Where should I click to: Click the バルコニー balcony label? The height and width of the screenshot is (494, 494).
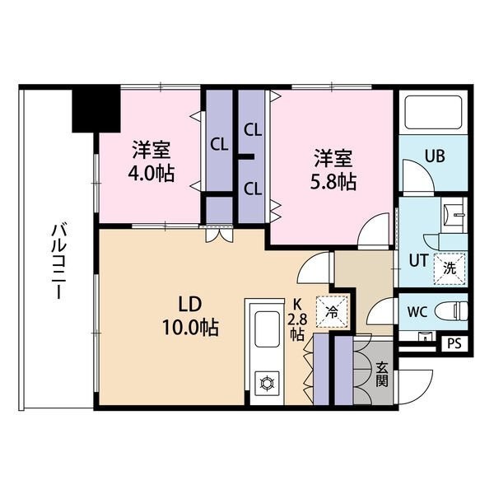(57, 262)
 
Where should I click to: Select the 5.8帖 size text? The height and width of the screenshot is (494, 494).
(333, 183)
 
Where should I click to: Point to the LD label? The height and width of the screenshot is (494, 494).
(189, 305)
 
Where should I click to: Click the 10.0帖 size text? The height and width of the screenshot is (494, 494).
(190, 328)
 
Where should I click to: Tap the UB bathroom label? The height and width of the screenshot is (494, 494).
(435, 156)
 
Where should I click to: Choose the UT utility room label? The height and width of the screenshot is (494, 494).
(418, 260)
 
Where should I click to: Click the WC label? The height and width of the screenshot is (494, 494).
(417, 312)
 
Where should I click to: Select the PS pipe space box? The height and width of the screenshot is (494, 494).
(454, 343)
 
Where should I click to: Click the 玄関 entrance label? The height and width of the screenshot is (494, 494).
(381, 375)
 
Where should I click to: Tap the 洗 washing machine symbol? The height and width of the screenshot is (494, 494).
(450, 268)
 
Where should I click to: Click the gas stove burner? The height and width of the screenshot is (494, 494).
(267, 383)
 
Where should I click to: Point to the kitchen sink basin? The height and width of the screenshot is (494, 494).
(267, 329)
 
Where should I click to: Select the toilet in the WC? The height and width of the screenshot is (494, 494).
(451, 312)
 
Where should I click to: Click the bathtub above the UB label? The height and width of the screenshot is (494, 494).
(433, 113)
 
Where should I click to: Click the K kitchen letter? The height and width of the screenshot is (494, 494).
(297, 305)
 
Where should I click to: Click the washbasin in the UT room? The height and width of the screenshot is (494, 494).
(454, 215)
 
